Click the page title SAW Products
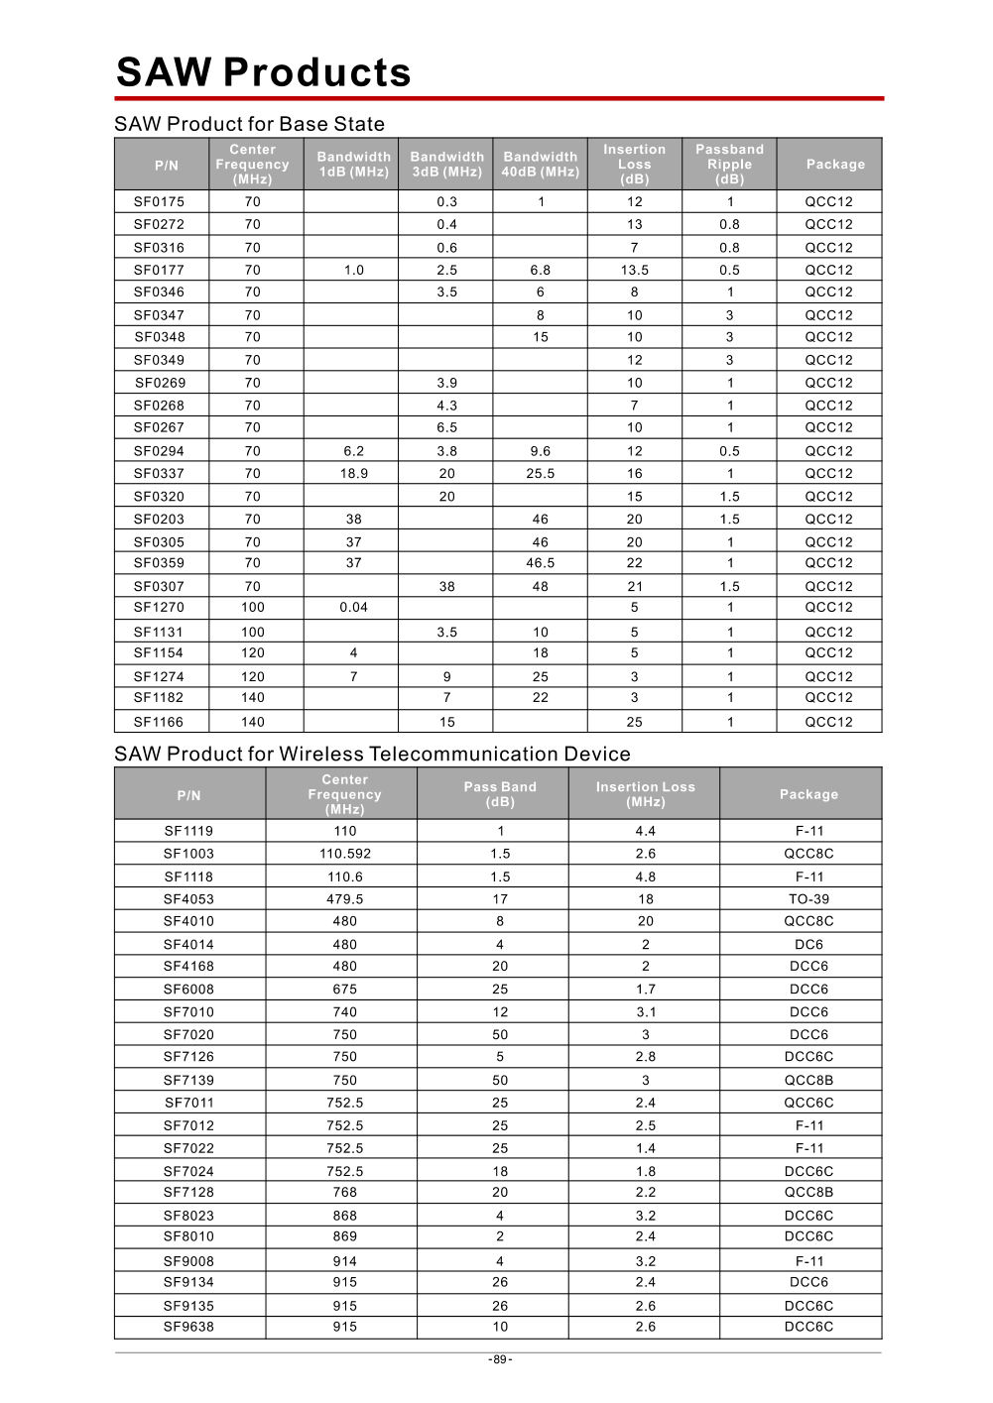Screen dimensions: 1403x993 click(263, 72)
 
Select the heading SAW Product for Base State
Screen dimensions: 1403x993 click(249, 124)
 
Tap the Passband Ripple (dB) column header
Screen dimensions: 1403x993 click(729, 164)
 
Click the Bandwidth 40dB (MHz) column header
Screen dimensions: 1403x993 click(540, 164)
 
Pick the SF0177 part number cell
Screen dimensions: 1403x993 click(159, 270)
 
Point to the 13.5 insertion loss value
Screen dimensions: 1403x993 click(634, 270)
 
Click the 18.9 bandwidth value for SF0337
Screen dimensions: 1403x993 click(353, 474)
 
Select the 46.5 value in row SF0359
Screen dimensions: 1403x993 click(540, 563)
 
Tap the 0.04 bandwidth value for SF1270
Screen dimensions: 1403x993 click(353, 608)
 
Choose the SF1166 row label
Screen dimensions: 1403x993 click(159, 722)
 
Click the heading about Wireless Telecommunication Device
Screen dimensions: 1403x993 click(372, 754)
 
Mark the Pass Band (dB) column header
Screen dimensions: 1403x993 click(500, 794)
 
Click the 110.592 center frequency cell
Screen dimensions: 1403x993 click(344, 854)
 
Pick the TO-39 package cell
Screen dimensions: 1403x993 click(808, 899)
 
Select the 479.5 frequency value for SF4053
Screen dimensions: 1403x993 click(344, 899)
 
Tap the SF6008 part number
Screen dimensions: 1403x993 click(188, 990)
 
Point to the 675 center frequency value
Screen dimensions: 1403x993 click(344, 990)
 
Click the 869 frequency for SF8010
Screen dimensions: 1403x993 click(344, 1236)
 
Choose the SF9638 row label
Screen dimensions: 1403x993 click(188, 1327)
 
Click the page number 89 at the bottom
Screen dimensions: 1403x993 click(500, 1359)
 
